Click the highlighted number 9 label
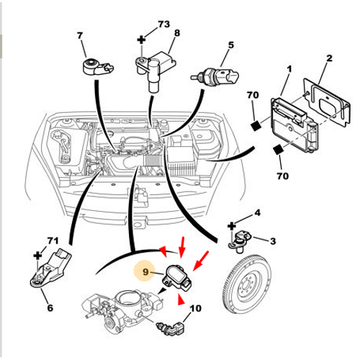tap(147, 273)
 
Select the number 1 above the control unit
tap(289, 70)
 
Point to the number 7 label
tap(79, 35)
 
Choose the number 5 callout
tap(230, 45)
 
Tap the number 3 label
tap(273, 240)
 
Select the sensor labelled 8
tap(154, 65)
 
